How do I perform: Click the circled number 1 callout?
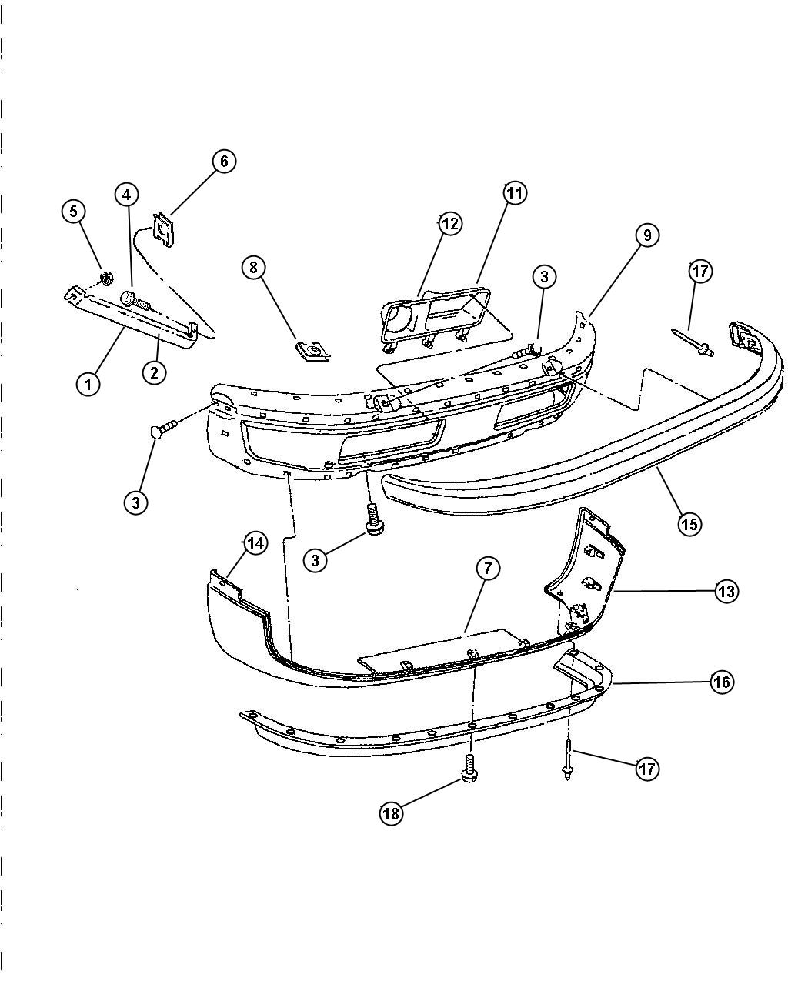coord(88,385)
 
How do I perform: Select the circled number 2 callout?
coord(154,372)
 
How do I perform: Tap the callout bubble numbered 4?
coord(127,195)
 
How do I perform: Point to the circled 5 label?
coord(74,211)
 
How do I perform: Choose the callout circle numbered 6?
coord(224,161)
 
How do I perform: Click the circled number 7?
coord(487,569)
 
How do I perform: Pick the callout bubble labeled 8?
coord(254,267)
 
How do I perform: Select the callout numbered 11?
coord(515,193)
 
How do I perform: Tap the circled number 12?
coord(450,224)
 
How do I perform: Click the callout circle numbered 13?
coord(726,591)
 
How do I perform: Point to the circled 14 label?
coord(255,544)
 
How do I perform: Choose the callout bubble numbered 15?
coord(689,523)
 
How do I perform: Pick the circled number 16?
coord(722,682)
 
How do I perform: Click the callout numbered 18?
coord(391,813)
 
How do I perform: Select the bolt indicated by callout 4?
coord(135,301)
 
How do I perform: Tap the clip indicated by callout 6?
coord(162,230)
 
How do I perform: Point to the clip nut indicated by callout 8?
coord(312,351)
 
